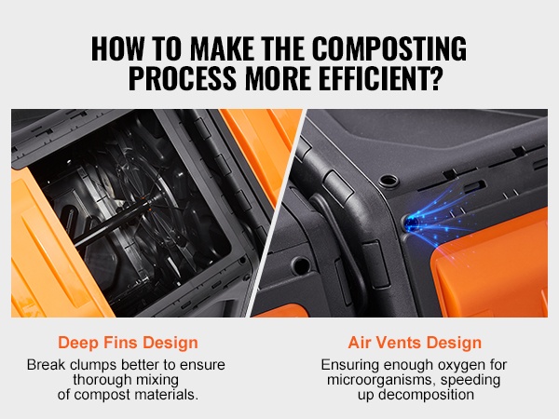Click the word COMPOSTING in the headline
click(389, 48)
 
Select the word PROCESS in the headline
click(183, 77)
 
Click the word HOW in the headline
click(117, 48)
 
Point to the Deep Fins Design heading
click(128, 343)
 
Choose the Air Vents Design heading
click(415, 343)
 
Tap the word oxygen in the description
click(461, 365)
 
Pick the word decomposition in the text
click(426, 395)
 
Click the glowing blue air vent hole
click(412, 223)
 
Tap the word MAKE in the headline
click(222, 48)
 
